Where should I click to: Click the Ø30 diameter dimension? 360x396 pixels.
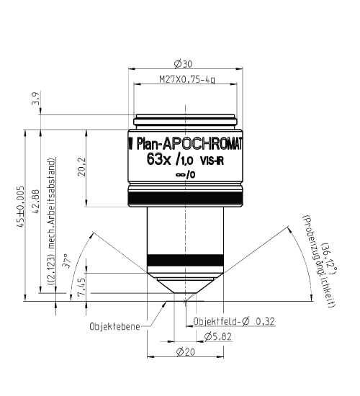coord(185,63)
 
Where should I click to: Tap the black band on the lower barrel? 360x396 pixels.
coord(184,260)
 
